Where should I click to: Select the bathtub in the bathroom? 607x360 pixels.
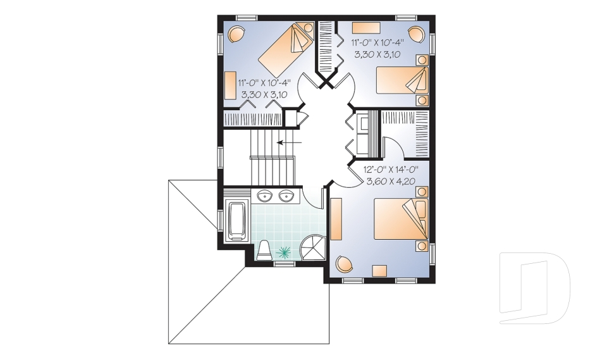[x=237, y=221]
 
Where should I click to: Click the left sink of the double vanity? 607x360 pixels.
[x=264, y=196]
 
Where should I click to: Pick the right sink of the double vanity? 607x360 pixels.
[x=287, y=196]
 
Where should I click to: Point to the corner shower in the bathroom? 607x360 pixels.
[x=313, y=247]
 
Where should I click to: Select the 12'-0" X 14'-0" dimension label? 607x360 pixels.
[x=393, y=170]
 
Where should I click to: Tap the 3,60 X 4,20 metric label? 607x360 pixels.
[x=392, y=182]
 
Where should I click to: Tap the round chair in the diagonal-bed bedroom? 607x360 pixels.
[x=235, y=34]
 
